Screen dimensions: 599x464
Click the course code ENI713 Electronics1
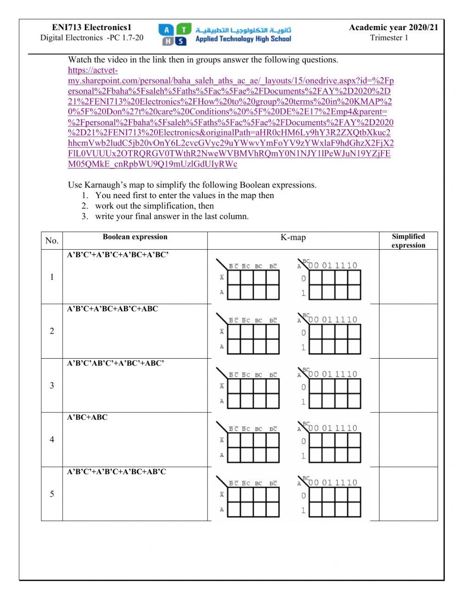click(91, 28)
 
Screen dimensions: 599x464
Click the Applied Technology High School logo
click(225, 34)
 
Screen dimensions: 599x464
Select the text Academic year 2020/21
click(393, 28)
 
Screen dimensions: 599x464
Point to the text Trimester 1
click(389, 38)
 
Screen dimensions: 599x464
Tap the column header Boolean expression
click(135, 237)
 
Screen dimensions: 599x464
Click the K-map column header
click(293, 238)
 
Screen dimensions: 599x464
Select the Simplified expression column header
click(408, 241)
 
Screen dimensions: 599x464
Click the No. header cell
click(52, 240)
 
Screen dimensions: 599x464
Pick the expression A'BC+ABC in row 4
click(87, 418)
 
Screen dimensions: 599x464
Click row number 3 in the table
click(52, 385)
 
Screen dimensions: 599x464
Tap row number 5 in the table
click(52, 494)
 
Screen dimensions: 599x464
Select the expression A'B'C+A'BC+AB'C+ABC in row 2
click(112, 309)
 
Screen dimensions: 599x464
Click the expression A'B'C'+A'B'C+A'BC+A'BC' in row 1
click(117, 255)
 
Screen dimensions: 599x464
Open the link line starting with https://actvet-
click(93, 71)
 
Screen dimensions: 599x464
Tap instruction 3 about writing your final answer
click(172, 217)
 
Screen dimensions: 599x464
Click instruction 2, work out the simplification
click(154, 206)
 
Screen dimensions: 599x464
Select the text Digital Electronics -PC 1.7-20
click(92, 38)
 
